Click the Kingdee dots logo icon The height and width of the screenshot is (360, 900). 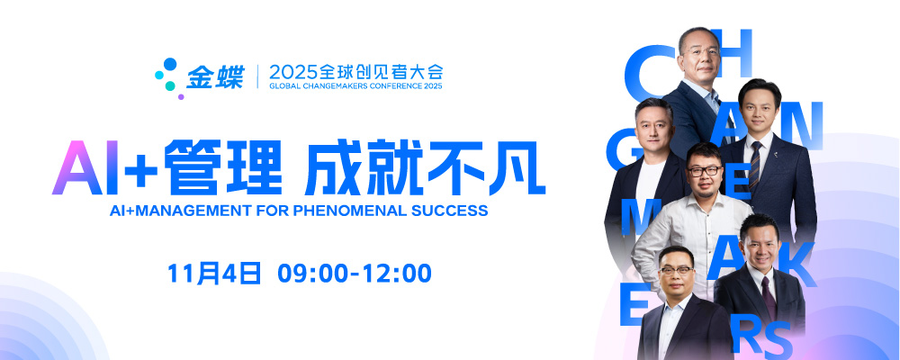166,76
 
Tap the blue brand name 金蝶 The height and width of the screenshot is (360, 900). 215,76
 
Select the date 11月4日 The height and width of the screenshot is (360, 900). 213,273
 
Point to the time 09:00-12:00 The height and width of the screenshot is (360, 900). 355,273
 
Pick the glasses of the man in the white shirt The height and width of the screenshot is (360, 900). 703,170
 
